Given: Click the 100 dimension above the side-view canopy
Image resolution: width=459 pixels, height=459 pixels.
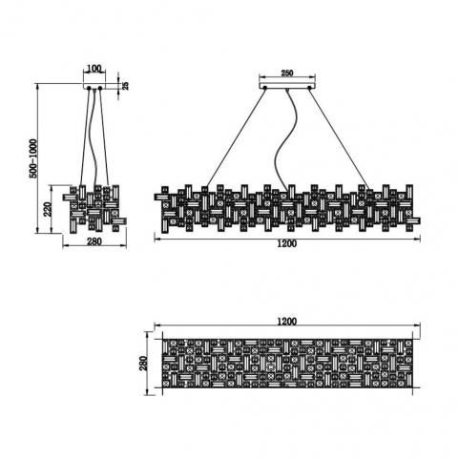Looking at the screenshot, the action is tap(94, 69).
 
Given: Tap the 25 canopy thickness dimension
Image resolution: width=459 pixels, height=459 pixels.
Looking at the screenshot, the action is tap(125, 85).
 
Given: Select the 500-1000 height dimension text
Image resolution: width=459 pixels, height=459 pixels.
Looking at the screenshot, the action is tap(33, 158).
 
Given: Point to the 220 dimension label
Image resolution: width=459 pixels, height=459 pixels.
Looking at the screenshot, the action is tap(48, 209).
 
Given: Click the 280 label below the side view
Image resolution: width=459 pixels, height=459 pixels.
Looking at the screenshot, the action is tap(94, 241).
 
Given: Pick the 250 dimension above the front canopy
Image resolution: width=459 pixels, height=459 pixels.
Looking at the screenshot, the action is tap(287, 73).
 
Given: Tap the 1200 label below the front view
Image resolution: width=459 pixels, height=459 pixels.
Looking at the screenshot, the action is tap(287, 243).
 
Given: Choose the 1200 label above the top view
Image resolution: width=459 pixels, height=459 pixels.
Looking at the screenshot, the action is tap(287, 322).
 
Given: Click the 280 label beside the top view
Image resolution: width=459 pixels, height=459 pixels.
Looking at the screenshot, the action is tap(143, 364).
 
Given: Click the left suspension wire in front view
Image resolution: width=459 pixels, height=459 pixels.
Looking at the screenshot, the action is tap(236, 137).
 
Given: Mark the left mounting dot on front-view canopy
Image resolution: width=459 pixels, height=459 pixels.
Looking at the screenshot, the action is tap(264, 87).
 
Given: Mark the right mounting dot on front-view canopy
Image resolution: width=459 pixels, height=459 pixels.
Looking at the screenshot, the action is tap(309, 87).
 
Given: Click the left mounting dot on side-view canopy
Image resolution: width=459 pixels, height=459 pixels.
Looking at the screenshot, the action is tap(89, 88).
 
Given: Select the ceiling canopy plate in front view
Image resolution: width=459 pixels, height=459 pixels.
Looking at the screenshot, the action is tap(287, 86).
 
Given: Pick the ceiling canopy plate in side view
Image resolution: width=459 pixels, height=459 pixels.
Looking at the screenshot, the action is tap(94, 86).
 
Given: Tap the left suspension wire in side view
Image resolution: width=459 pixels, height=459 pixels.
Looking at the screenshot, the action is tap(85, 136).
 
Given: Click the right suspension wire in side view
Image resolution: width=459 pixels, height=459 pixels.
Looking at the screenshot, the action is tap(104, 137).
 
